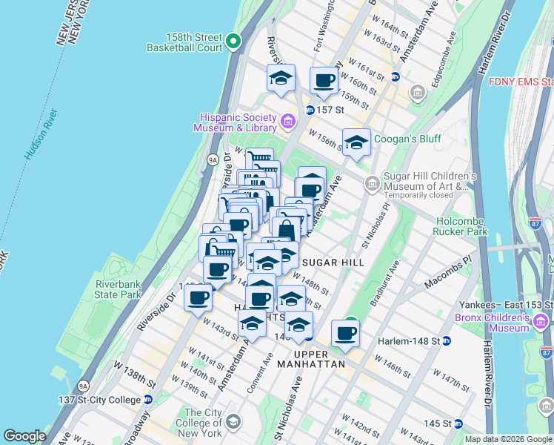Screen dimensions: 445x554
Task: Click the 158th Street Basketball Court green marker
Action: tap(234, 42)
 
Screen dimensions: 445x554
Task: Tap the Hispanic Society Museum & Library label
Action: tap(236, 123)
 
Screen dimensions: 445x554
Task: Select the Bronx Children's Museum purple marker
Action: tap(540, 321)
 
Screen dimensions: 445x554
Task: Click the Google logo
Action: tap(24, 436)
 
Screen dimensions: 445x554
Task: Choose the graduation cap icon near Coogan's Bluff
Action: tap(356, 142)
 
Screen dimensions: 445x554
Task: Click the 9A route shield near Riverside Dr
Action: tap(212, 159)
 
